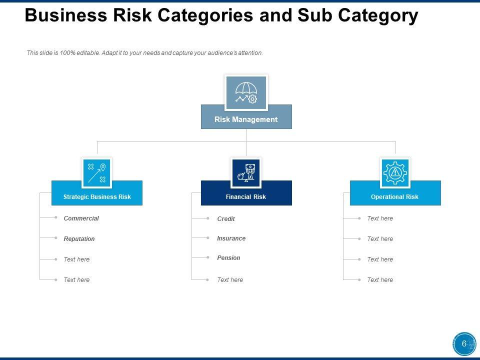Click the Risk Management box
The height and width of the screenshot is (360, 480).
coord(246,119)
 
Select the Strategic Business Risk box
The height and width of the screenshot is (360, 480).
coord(97,196)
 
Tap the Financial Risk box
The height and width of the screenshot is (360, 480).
coord(246,196)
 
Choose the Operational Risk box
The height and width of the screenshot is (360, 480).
coord(395,196)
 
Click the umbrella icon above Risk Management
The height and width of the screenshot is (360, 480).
coord(246,92)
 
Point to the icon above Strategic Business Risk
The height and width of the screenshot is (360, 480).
coord(96,172)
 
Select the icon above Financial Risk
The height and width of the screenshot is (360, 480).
coord(246,172)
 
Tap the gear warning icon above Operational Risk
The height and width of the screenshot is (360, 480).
coord(395,172)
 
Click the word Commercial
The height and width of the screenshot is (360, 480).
coord(81,218)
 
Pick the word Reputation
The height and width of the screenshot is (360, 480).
coord(79,239)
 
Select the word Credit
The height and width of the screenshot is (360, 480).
coord(226,219)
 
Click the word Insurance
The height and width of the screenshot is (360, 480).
coord(231,238)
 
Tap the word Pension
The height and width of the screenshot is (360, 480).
coord(228,258)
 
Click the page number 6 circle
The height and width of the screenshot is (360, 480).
coord(464,344)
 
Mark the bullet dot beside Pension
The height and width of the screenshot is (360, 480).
coord(207,257)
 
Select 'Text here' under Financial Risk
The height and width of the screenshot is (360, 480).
coord(230,280)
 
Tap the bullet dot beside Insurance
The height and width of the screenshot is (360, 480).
coord(207,238)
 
